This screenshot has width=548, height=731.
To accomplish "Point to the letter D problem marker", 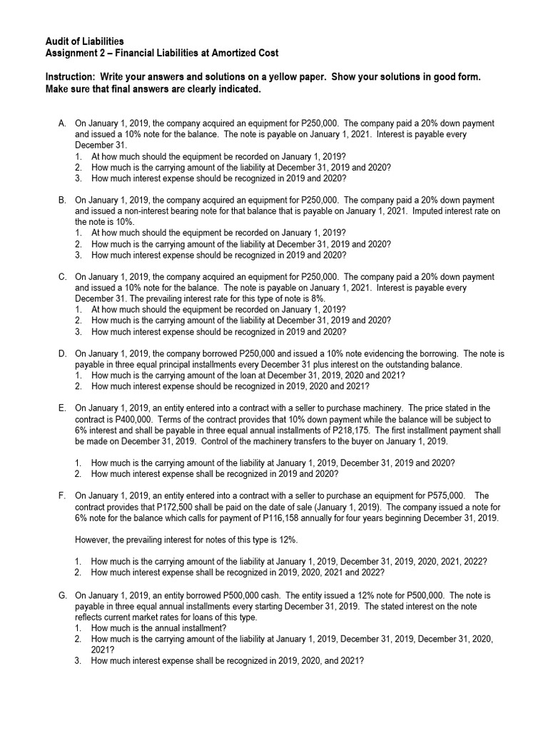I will (63, 353).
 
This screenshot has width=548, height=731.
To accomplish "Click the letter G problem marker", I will (63, 595).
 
